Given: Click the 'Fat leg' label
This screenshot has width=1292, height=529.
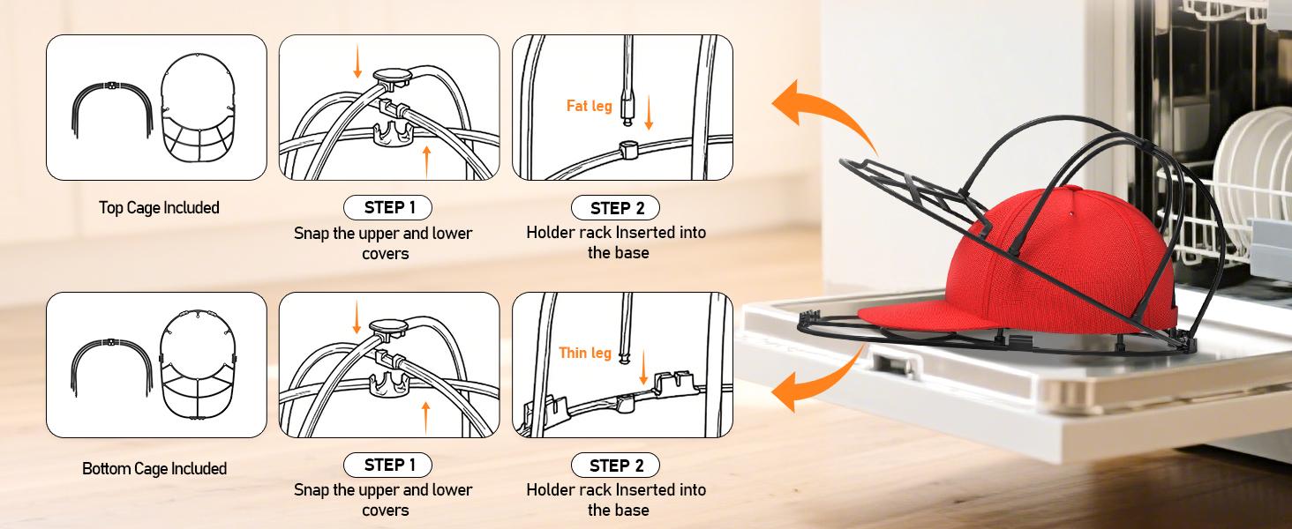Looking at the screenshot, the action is tap(589, 106).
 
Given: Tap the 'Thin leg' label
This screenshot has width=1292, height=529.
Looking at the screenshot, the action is tap(585, 353).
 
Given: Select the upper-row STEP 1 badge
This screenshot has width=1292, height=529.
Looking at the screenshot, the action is tap(387, 207).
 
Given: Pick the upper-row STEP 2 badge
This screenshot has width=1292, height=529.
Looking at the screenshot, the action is tap(615, 208).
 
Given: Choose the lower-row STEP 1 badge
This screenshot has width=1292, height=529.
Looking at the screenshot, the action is tap(387, 465).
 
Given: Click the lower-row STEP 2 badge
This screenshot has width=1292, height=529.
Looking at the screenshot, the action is tap(615, 466).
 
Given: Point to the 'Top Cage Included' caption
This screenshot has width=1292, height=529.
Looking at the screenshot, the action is tap(159, 207).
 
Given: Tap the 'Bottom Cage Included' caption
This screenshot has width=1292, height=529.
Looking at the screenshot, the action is tap(154, 468).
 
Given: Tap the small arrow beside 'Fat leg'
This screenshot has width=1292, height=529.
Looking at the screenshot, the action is tap(649, 112).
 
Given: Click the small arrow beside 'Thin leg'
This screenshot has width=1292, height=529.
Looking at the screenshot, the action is tap(643, 367).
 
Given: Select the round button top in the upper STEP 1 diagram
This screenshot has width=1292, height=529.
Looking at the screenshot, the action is tap(392, 76).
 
